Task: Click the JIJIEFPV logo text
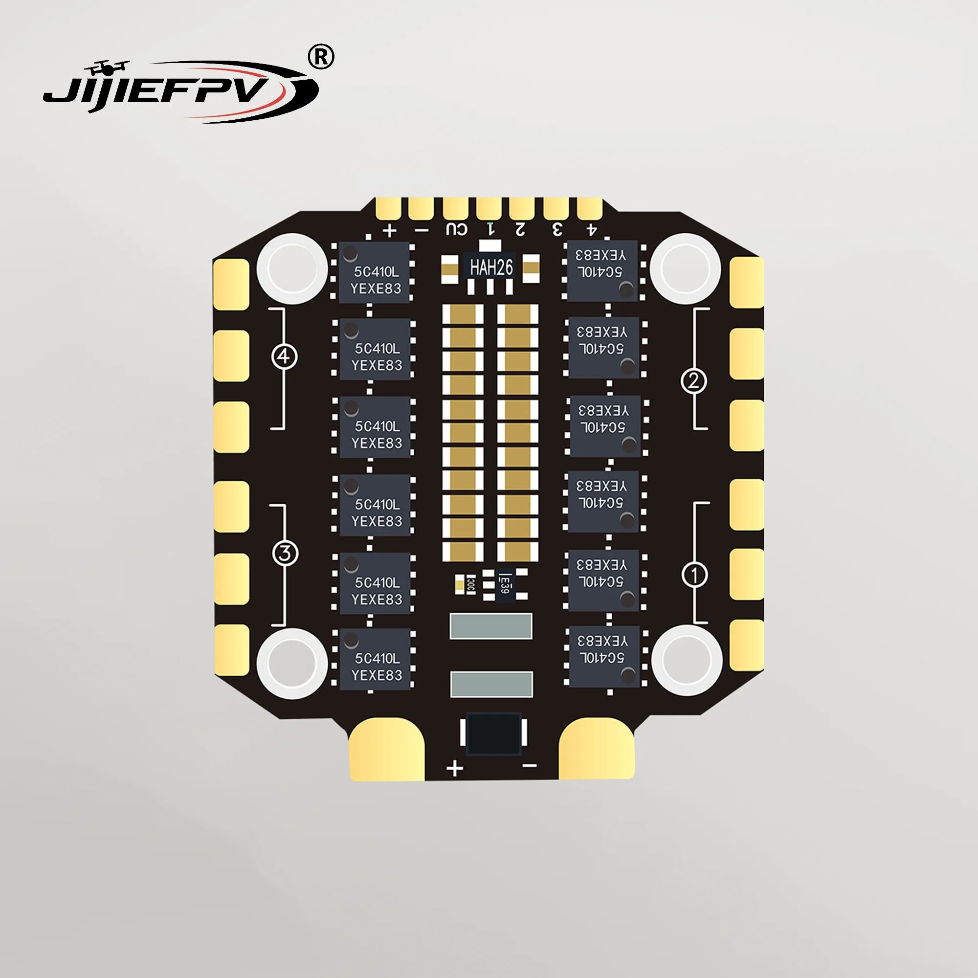(167, 91)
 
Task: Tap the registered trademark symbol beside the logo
(321, 57)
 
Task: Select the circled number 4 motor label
(285, 357)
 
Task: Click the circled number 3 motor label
(285, 553)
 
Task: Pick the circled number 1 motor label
(694, 575)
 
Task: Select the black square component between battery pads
(493, 734)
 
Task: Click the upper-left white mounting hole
(292, 268)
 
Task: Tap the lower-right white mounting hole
(687, 661)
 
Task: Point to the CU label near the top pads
(457, 229)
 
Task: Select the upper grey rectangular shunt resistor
(490, 626)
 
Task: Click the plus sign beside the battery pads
(455, 768)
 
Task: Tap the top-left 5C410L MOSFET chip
(374, 272)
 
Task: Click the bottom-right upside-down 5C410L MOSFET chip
(604, 657)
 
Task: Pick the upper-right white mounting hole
(685, 268)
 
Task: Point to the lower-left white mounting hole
(292, 663)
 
